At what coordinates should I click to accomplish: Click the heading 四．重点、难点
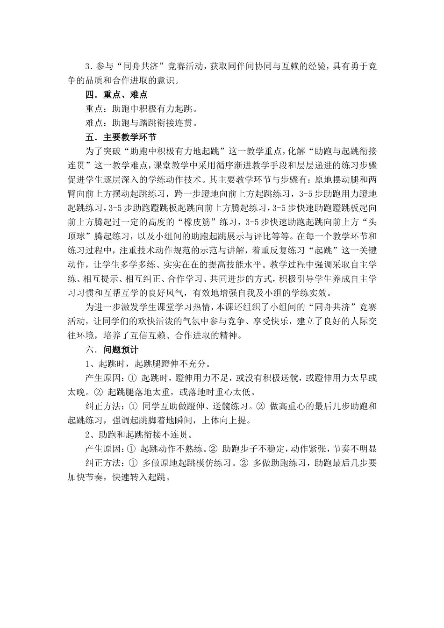pyautogui.click(x=116, y=94)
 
